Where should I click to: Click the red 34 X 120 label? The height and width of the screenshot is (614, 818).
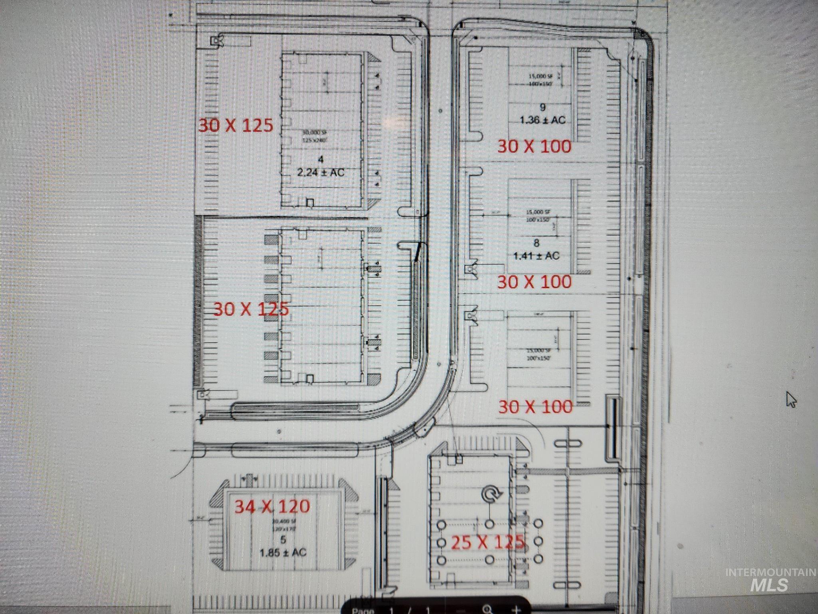[272, 506]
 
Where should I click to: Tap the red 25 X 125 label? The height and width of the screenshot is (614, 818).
[487, 542]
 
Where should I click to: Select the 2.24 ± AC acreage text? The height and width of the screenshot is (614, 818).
[321, 172]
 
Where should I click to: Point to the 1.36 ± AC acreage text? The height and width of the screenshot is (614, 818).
[542, 120]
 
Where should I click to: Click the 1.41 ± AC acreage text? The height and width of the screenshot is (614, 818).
[536, 255]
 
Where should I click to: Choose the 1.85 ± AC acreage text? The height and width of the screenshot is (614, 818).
[283, 553]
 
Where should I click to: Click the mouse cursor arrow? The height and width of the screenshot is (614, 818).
[791, 399]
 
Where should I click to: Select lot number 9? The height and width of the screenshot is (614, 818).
[542, 107]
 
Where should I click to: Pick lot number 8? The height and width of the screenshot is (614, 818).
[536, 243]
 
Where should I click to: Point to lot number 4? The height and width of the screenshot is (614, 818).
[321, 159]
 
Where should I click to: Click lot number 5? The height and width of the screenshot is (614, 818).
[283, 540]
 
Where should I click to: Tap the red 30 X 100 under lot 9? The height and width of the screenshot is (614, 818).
[534, 147]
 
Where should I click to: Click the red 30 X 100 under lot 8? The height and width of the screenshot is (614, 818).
[534, 282]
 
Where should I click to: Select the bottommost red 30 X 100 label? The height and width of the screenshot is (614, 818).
[535, 407]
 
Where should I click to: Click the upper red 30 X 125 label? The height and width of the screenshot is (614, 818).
[236, 126]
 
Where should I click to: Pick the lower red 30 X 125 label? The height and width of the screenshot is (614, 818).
[251, 309]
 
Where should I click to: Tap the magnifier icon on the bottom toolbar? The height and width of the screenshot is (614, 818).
[487, 609]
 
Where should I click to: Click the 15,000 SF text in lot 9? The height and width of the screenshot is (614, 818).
[540, 76]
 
